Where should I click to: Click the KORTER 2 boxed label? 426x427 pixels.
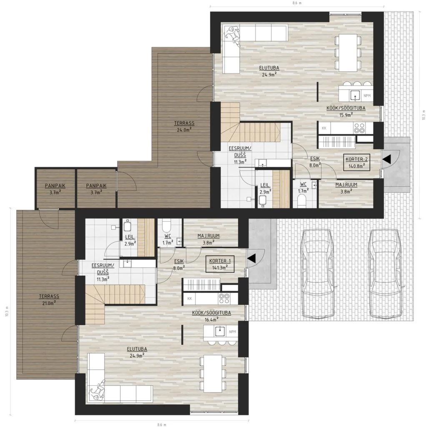356,162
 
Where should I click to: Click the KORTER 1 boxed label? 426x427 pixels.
220,264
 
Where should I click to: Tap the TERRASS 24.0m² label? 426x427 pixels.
184,127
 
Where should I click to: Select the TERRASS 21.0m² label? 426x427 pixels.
49,299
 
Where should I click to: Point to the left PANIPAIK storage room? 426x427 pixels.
55,189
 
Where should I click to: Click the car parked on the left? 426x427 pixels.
317,274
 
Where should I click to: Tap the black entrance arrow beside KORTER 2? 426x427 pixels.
387,159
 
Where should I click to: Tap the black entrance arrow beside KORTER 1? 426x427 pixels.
251,258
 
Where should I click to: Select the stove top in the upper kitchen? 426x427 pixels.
359,128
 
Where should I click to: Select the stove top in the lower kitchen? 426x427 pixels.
224,299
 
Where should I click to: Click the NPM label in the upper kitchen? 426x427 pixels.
367,96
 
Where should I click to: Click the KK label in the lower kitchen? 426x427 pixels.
190,299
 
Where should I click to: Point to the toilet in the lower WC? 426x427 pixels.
166,225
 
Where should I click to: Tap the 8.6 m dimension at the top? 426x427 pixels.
297,3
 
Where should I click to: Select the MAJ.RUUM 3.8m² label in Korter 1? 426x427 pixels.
208,239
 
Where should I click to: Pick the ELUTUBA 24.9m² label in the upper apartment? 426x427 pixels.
269,71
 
